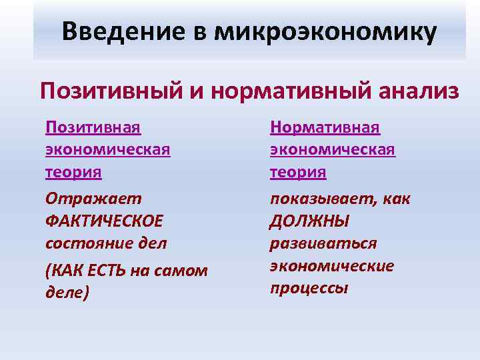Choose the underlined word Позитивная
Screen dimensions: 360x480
pyautogui.click(x=93, y=127)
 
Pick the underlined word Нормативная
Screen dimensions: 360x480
pyautogui.click(x=325, y=127)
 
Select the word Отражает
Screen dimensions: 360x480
pyautogui.click(x=84, y=198)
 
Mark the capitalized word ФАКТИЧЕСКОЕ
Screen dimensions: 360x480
pyautogui.click(x=104, y=221)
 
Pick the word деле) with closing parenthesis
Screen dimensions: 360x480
pyautogui.click(x=67, y=293)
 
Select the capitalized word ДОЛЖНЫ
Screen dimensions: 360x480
pyautogui.click(x=309, y=221)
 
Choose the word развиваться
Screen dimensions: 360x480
pyautogui.click(x=323, y=244)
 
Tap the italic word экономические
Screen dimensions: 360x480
pyautogui.click(x=332, y=266)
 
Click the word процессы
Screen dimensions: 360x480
pyautogui.click(x=309, y=289)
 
